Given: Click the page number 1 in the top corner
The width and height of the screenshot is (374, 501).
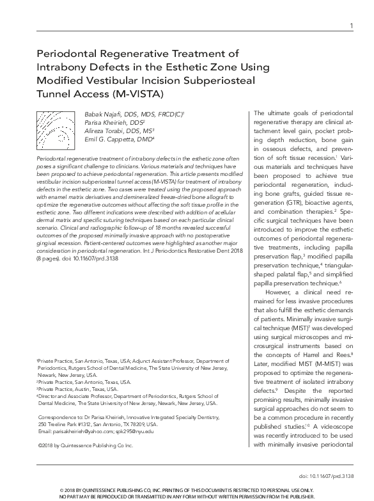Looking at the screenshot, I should pos(351,26).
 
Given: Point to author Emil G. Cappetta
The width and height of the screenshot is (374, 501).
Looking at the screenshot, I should pos(106,138).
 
